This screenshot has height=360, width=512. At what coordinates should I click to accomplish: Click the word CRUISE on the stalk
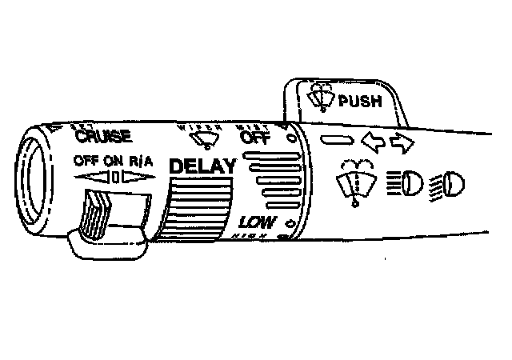tap(103, 137)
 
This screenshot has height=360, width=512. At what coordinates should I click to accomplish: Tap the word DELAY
tap(204, 167)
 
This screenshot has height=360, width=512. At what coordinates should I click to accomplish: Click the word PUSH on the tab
tap(362, 102)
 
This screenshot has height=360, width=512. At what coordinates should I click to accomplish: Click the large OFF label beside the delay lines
tap(255, 138)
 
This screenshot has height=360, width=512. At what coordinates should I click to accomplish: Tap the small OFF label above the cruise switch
tap(86, 159)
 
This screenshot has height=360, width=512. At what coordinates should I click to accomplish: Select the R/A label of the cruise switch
tap(139, 159)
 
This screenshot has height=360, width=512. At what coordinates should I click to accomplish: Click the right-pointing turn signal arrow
tap(401, 144)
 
